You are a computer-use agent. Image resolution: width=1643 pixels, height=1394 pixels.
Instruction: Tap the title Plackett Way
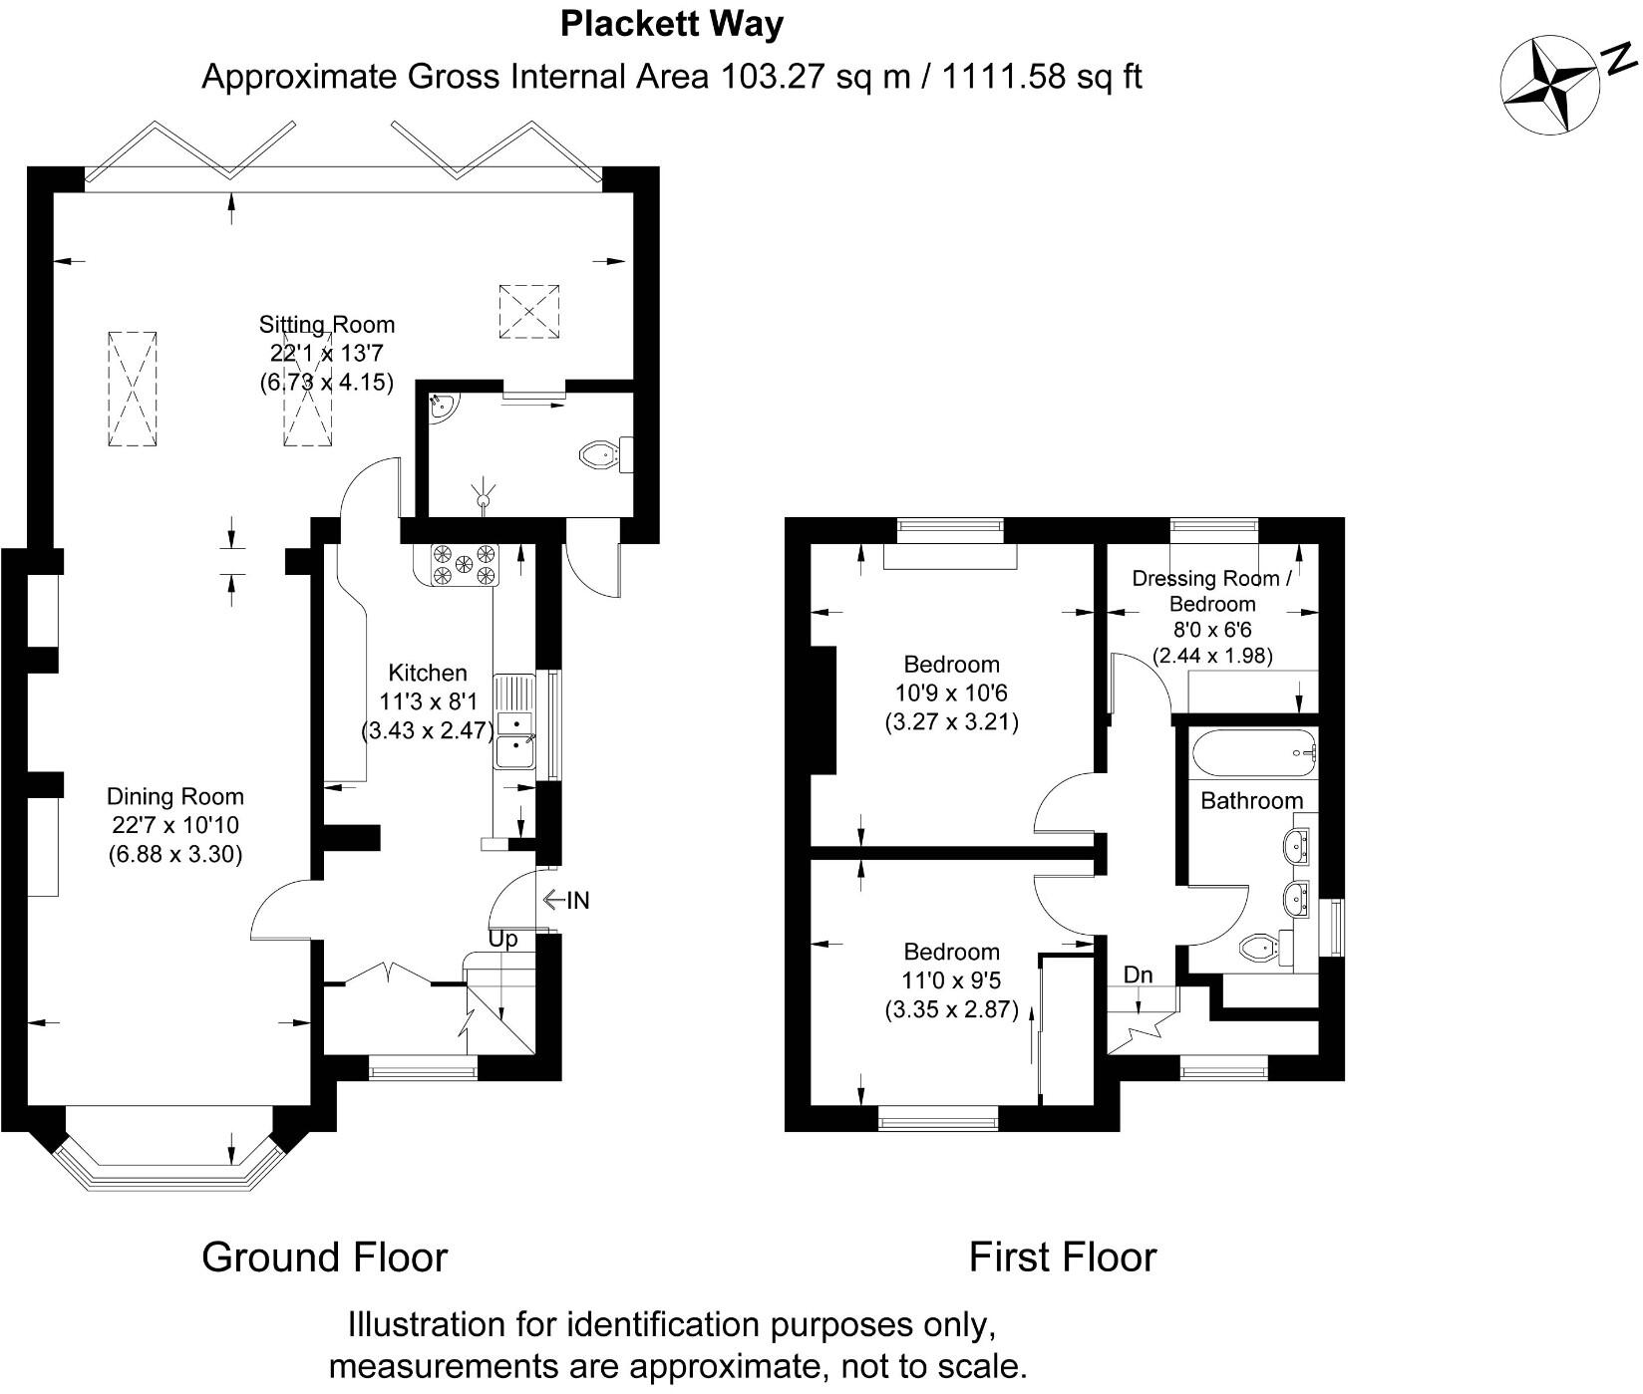pos(672,24)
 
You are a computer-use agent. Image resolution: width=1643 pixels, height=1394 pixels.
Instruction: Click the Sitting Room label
pos(327,325)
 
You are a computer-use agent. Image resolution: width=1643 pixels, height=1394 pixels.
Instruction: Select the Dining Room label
pos(175,797)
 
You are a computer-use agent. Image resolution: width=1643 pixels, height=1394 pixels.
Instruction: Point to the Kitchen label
pos(428,674)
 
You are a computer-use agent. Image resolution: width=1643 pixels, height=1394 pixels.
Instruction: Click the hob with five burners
pos(464,564)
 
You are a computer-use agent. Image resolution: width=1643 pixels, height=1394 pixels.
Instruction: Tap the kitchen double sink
pos(515,737)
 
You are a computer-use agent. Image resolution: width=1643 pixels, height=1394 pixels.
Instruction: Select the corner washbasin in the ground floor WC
pos(441,407)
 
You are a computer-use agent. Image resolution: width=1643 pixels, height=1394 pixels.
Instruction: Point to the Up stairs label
pos(503,939)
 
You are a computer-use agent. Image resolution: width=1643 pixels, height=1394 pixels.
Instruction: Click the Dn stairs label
pos(1139,975)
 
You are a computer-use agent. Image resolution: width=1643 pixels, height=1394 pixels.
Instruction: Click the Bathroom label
pos(1252,801)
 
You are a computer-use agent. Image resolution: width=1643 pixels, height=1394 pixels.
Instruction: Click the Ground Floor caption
pos(325,1257)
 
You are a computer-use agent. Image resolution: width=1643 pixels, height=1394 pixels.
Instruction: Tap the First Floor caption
pos(1063,1257)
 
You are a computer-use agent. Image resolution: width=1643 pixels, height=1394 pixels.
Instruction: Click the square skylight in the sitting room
pos(529,310)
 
